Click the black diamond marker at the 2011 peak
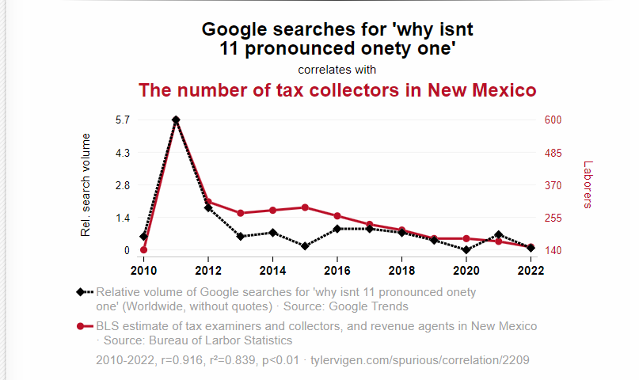pos(176,120)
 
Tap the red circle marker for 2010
pos(143,250)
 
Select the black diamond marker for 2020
pos(466,250)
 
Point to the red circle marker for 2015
pos(305,207)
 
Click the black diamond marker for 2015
pos(305,246)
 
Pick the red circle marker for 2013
pos(240,213)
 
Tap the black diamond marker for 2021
pos(499,235)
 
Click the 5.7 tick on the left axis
pos(122,120)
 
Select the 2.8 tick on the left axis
pos(122,185)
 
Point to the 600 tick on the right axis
pos(553,120)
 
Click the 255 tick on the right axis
pos(553,218)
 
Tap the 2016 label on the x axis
pos(337,269)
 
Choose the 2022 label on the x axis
pos(531,269)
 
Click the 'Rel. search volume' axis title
pos(86,185)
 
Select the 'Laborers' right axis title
pos(588,185)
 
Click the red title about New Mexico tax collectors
pos(337,90)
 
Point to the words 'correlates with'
pos(337,70)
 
